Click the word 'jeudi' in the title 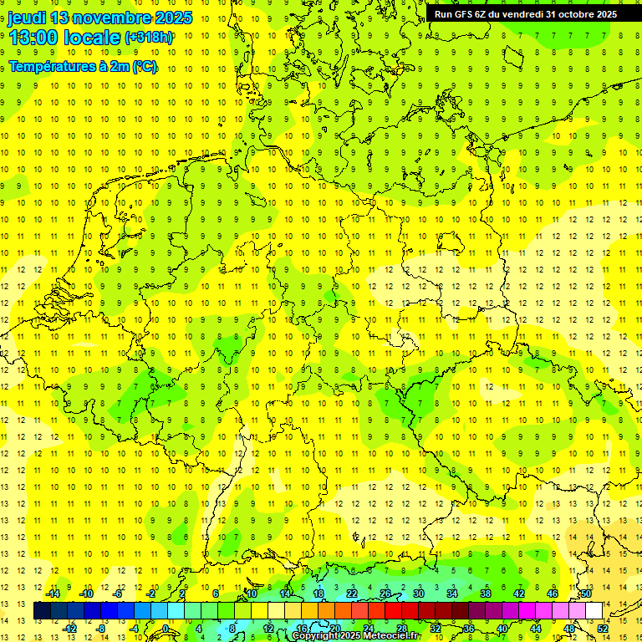26,18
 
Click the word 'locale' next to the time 94,37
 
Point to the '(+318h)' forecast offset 149,38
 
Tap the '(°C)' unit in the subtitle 144,67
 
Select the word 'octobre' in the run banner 568,13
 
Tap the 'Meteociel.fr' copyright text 393,636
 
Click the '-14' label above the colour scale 52,594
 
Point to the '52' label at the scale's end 604,629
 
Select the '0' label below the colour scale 166,629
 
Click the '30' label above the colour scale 418,594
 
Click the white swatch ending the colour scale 594,610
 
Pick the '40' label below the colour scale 502,629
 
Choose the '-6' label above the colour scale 118,594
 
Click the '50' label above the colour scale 585,594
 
